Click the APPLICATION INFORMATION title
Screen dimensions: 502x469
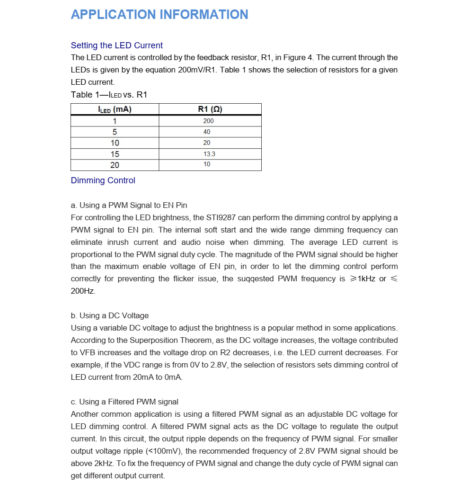click(x=159, y=15)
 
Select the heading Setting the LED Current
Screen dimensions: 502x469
click(x=116, y=45)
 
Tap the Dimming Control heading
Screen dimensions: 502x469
click(x=103, y=180)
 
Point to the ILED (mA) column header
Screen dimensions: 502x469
click(x=115, y=109)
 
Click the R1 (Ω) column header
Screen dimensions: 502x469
click(x=210, y=109)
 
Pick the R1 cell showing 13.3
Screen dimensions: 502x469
click(x=209, y=154)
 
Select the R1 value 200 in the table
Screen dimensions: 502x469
click(x=208, y=121)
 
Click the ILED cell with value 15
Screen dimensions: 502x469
click(x=115, y=154)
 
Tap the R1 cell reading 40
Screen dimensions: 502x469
click(x=207, y=132)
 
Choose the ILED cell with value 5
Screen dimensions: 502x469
click(x=115, y=132)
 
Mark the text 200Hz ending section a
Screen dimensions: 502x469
click(x=83, y=291)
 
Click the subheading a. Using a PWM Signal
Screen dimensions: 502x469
click(x=129, y=206)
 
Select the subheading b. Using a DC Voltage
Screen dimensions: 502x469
click(x=109, y=315)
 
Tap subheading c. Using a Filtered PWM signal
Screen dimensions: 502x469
click(x=124, y=402)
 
